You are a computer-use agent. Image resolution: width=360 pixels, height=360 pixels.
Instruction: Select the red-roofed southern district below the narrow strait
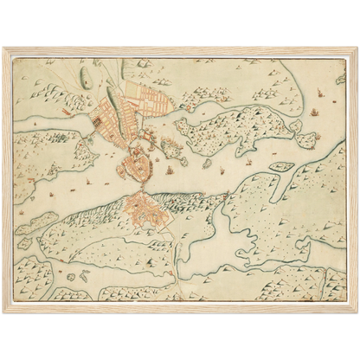click(140, 209)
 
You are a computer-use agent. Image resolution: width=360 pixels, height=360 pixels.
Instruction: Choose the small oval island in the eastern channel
click(281, 166)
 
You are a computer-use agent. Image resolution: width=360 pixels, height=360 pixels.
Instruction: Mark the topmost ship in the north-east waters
click(320, 93)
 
